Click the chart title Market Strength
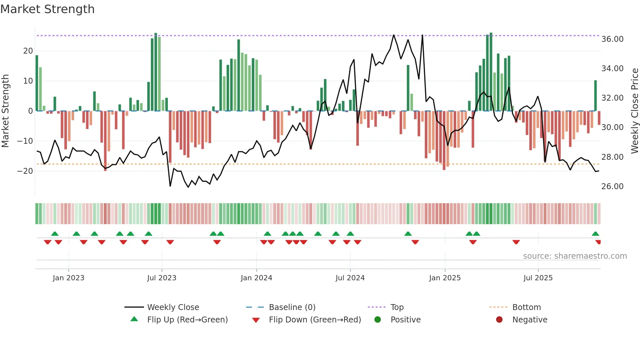point(47,9)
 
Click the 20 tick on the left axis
point(28,51)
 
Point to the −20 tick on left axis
point(25,171)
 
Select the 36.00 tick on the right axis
point(612,39)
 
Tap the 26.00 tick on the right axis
point(612,187)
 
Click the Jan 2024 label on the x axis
point(256,278)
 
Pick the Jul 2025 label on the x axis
point(538,278)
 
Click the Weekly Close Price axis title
point(634,111)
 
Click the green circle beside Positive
point(378,319)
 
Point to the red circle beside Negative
point(499,319)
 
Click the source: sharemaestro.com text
point(575,256)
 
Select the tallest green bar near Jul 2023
point(156,72)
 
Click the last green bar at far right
point(595,96)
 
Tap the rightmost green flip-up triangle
point(595,234)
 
